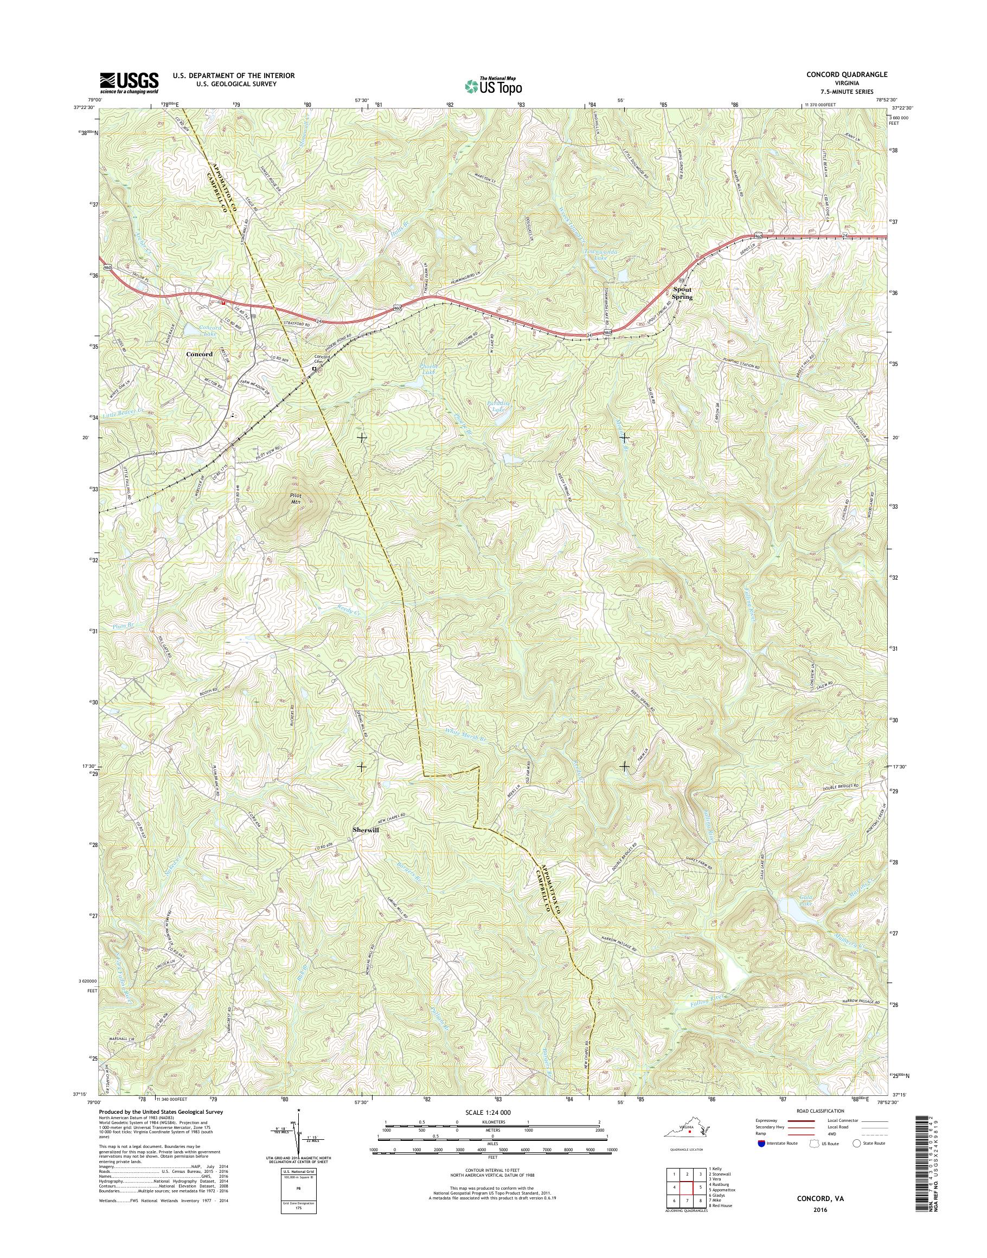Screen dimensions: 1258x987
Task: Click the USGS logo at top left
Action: (x=129, y=82)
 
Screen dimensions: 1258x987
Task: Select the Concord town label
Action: (x=200, y=354)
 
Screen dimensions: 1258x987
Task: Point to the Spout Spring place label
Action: (x=682, y=293)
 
